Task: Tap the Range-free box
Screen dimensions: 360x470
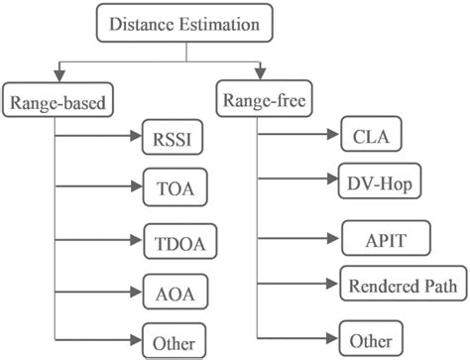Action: (262, 98)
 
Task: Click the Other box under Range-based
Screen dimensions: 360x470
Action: (173, 340)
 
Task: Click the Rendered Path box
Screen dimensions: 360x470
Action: (403, 286)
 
